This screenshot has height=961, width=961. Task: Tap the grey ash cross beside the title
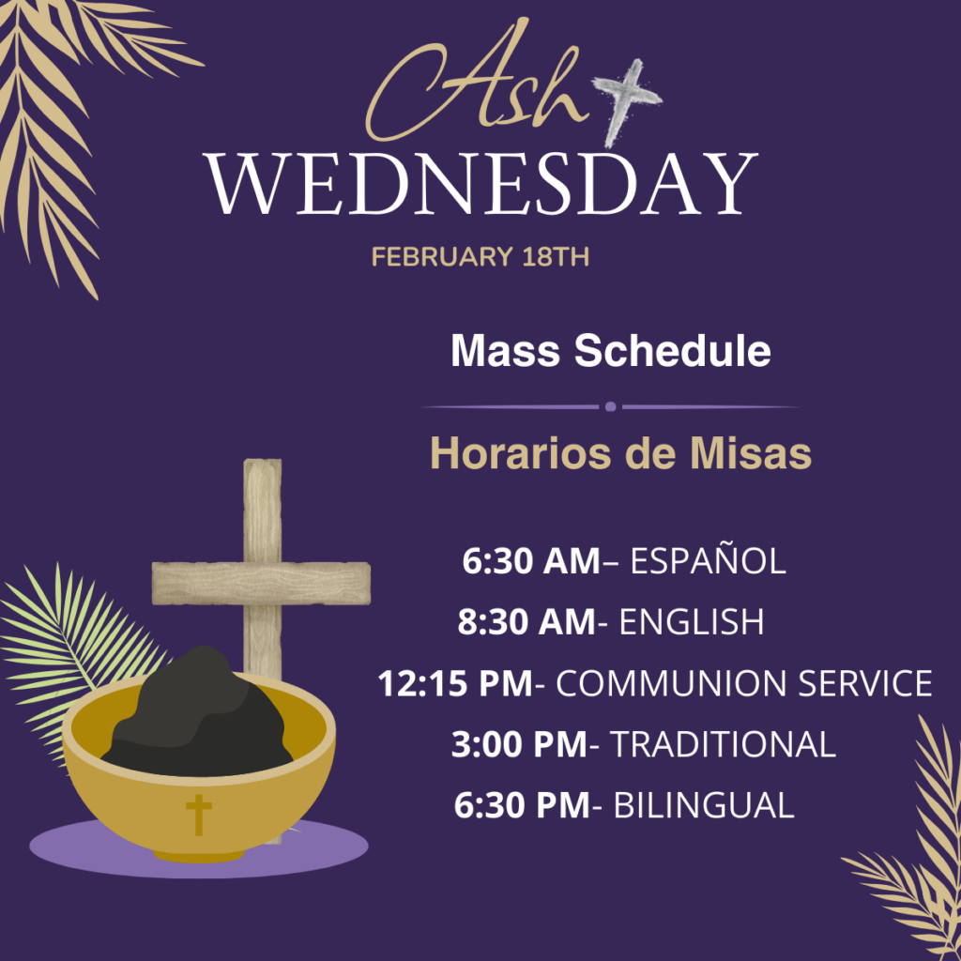click(626, 101)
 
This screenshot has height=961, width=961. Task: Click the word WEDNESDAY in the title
click(480, 184)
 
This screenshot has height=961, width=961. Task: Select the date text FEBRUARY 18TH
click(480, 257)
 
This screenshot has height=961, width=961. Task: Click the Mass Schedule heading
click(610, 351)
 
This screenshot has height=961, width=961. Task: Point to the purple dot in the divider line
click(610, 406)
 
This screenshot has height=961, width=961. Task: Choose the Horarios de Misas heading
click(621, 453)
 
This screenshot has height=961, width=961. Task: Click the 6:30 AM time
click(531, 561)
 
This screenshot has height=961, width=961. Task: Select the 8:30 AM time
click(526, 622)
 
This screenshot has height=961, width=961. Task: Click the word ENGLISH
click(692, 622)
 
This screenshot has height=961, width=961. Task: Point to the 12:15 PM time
click(455, 683)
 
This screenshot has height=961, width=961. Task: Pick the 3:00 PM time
click(519, 744)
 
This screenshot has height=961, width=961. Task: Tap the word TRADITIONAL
click(724, 744)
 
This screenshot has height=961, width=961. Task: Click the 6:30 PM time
click(522, 804)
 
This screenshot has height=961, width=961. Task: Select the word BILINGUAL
click(704, 804)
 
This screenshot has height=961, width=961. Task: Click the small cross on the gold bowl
click(199, 815)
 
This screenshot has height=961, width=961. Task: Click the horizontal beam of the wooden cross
click(261, 583)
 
